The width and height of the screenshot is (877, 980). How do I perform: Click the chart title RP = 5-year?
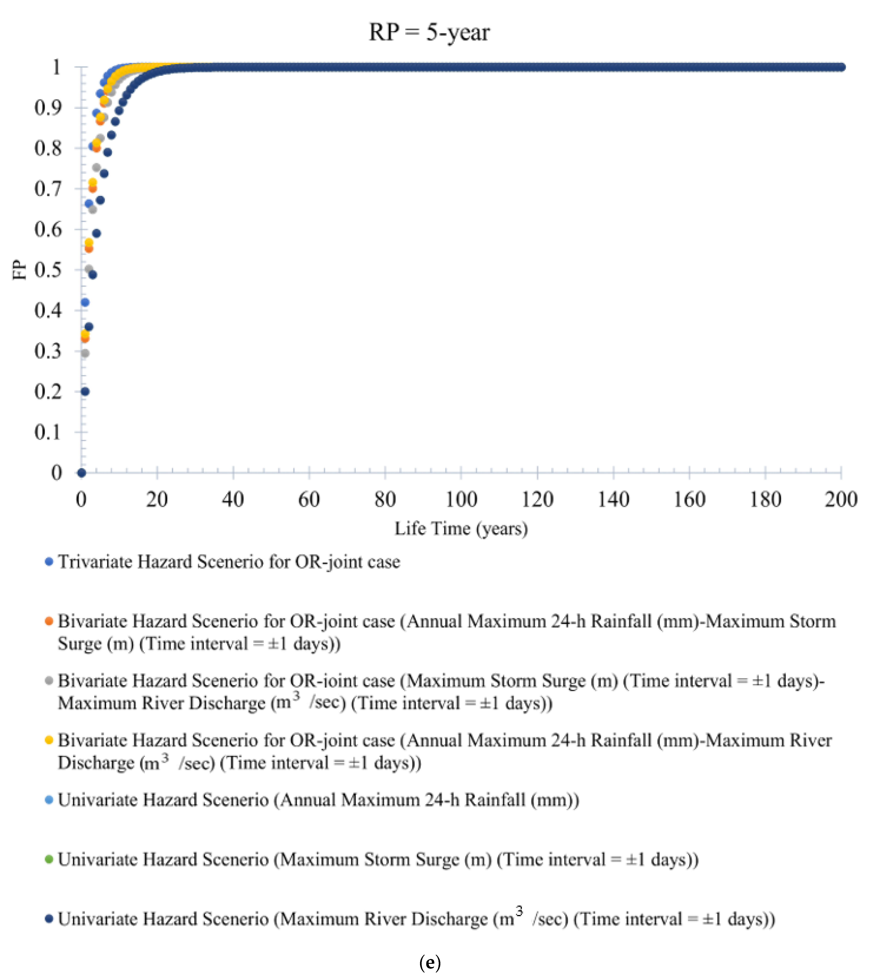click(x=429, y=32)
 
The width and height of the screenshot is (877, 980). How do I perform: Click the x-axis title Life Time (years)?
click(x=461, y=528)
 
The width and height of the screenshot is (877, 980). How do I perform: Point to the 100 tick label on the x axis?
click(x=461, y=499)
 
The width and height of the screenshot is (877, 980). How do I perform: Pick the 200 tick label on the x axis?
click(x=841, y=499)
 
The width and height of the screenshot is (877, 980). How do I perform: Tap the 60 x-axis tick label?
click(x=309, y=499)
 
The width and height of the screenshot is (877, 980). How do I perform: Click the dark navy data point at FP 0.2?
click(x=85, y=391)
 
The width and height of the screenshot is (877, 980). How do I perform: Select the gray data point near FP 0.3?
click(x=85, y=353)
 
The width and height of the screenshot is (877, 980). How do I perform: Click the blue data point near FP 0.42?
click(x=85, y=302)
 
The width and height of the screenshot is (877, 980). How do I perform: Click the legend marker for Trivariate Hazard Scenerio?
click(x=49, y=562)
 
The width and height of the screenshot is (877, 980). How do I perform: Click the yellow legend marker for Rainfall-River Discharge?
click(x=49, y=740)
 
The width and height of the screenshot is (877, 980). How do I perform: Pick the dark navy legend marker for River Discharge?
click(x=49, y=919)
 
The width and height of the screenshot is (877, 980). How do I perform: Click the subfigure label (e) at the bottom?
click(x=430, y=963)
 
